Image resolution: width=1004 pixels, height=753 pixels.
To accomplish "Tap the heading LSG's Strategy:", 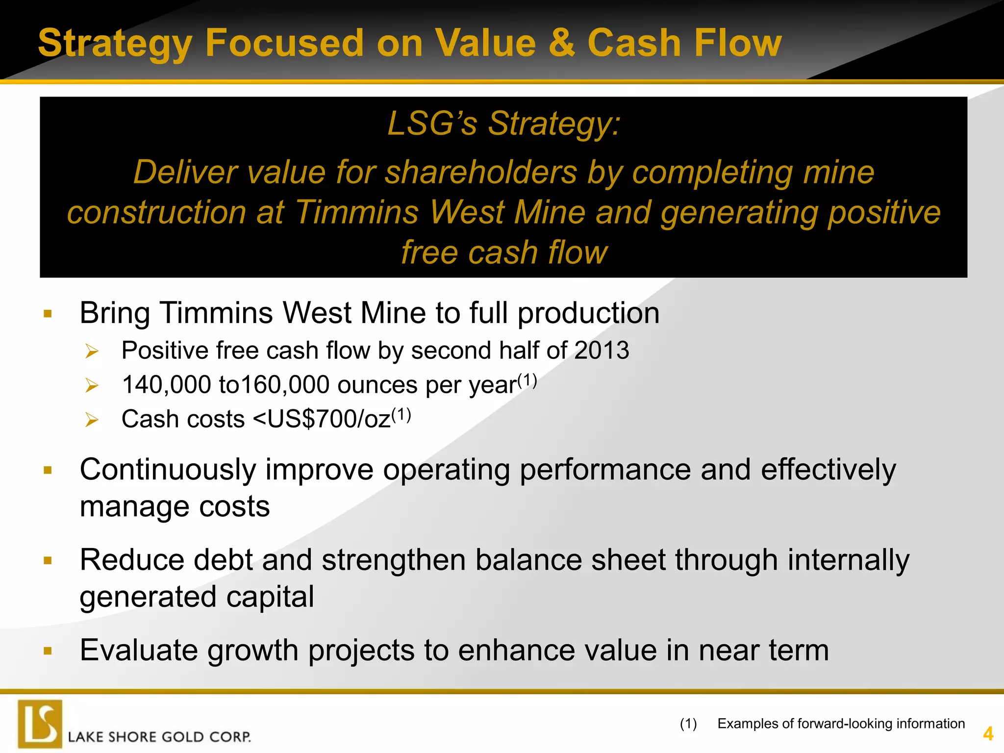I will click(504, 123).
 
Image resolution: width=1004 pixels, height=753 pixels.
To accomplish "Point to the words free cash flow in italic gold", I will click(504, 252).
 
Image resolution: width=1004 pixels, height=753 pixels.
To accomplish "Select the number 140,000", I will click(167, 385).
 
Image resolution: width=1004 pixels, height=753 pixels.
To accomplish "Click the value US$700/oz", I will click(328, 419).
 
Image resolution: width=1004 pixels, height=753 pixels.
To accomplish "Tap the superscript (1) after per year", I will click(527, 380).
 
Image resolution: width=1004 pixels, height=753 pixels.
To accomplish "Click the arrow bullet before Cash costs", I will click(92, 420).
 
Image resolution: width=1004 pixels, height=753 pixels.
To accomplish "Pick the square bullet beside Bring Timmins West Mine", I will click(48, 314).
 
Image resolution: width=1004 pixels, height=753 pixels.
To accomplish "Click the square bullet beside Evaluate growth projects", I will click(48, 651).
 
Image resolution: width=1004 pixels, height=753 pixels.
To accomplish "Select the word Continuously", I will click(168, 470).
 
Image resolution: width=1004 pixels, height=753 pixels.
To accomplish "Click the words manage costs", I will click(175, 506).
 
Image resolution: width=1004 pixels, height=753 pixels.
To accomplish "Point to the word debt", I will click(223, 560).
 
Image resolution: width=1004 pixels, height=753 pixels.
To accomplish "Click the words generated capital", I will click(197, 597).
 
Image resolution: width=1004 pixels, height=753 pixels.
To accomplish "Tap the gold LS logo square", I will click(40, 724).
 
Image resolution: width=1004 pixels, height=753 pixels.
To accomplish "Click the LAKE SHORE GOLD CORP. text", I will click(159, 737).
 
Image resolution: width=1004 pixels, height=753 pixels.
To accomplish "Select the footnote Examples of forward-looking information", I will click(841, 724).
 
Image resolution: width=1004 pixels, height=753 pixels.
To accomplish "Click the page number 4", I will click(988, 734).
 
